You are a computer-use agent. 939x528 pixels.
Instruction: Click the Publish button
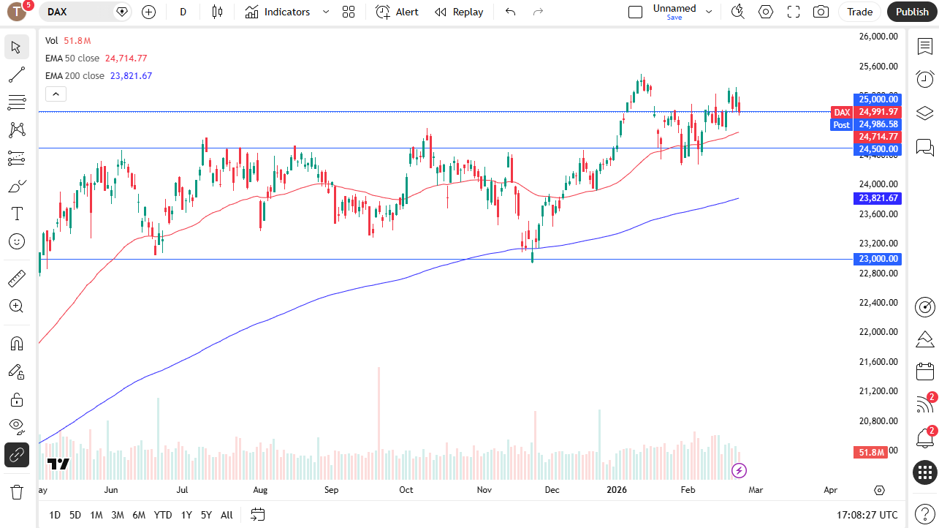pyautogui.click(x=912, y=12)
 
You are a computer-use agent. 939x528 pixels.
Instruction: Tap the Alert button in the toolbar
pyautogui.click(x=398, y=12)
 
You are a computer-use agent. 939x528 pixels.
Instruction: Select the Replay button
pyautogui.click(x=459, y=12)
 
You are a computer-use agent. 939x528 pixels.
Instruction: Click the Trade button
pyautogui.click(x=859, y=12)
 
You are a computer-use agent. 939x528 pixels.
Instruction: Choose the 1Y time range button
pyautogui.click(x=186, y=515)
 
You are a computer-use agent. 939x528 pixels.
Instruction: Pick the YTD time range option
pyautogui.click(x=163, y=515)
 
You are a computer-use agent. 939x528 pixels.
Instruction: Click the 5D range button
pyautogui.click(x=75, y=515)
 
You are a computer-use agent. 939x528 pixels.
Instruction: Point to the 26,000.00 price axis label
pyautogui.click(x=878, y=37)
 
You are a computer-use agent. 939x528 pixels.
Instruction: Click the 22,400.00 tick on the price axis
pyautogui.click(x=878, y=302)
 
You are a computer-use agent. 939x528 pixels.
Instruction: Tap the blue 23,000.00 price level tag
pyautogui.click(x=878, y=259)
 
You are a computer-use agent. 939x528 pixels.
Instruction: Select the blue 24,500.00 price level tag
pyautogui.click(x=878, y=149)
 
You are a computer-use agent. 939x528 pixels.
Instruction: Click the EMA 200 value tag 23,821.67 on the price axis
pyautogui.click(x=878, y=198)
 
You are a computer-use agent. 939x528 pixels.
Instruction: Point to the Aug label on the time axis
pyautogui.click(x=260, y=490)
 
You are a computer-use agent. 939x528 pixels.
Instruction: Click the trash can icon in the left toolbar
pyautogui.click(x=17, y=491)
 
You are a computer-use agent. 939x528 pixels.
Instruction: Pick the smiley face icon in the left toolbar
pyautogui.click(x=17, y=241)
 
